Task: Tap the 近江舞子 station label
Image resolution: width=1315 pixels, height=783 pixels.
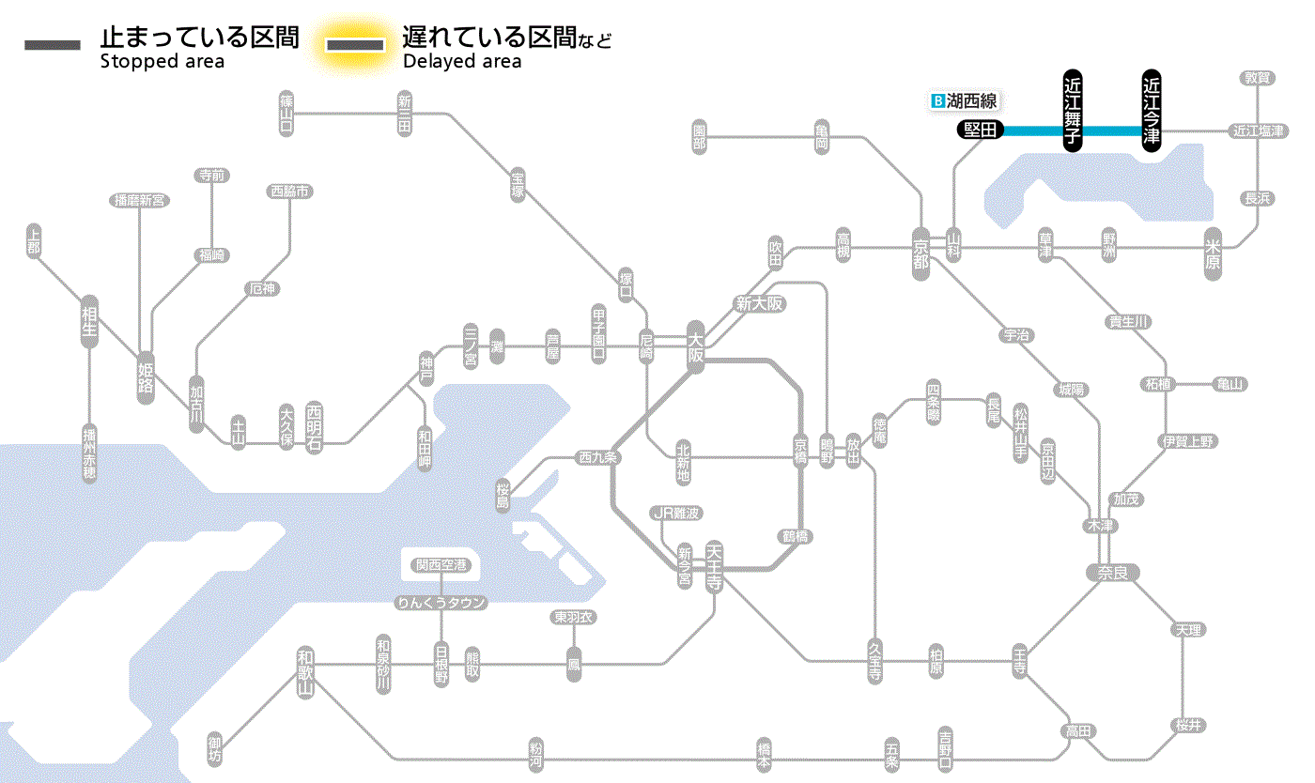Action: coord(1073,110)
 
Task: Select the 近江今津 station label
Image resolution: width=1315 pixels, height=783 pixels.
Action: coord(1151,110)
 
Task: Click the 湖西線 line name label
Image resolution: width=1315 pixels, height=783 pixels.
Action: coord(971,100)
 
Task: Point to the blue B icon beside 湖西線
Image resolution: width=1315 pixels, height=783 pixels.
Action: coord(936,100)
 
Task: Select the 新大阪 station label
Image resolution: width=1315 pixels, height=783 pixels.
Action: coord(759,304)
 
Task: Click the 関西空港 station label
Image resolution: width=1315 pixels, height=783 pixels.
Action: coord(441,565)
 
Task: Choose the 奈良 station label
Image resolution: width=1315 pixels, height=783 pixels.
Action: coord(1112,572)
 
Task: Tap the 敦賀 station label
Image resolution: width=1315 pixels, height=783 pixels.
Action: coord(1258,78)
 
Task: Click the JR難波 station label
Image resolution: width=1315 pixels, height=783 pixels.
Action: coord(676,513)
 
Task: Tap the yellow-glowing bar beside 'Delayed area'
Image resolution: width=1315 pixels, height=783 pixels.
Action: coord(354,45)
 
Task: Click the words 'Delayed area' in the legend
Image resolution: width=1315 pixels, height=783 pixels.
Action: coord(461,62)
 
